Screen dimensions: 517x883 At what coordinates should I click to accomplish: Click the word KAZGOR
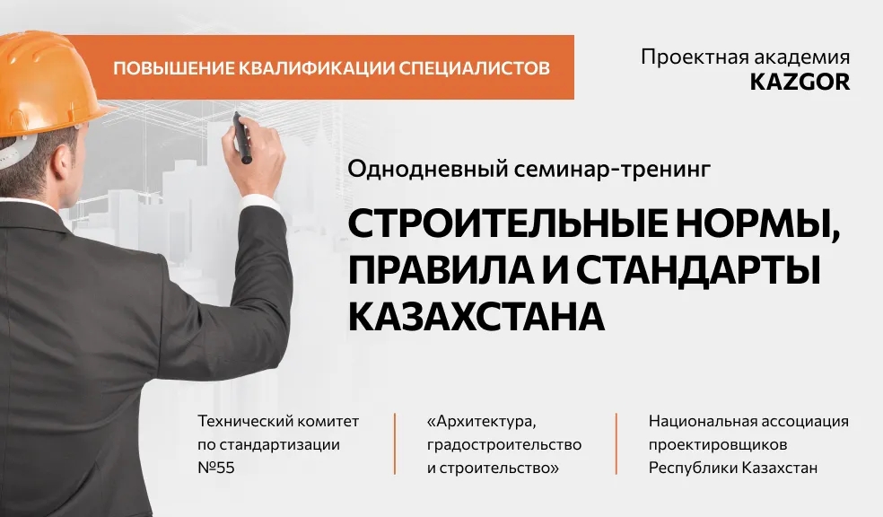(x=799, y=82)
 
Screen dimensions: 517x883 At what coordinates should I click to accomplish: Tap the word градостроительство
(x=504, y=444)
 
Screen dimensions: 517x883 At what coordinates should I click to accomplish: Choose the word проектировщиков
(x=717, y=444)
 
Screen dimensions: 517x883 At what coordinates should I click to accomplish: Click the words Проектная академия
(x=745, y=57)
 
